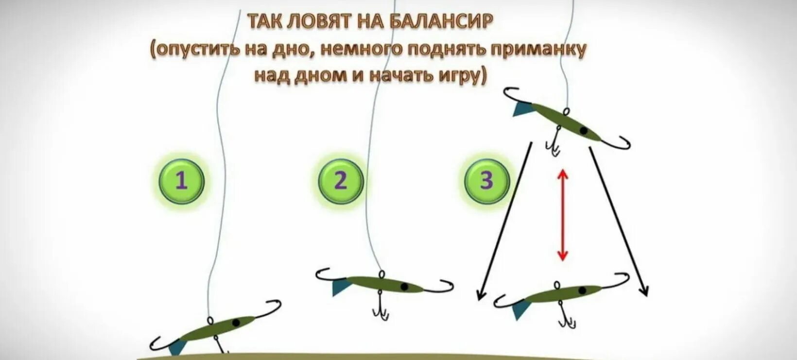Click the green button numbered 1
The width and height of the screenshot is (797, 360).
point(181,181)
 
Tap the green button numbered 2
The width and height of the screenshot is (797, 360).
point(341,181)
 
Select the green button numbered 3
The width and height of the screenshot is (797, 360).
point(486,181)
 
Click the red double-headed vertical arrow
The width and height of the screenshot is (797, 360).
point(562,215)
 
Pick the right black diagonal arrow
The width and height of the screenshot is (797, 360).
point(618,221)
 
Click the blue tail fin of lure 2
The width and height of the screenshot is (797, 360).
point(341,287)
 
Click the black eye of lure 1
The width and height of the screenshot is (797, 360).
point(236,322)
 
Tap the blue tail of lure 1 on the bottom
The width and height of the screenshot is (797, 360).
point(177,346)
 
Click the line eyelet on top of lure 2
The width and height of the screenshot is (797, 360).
point(381,274)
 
